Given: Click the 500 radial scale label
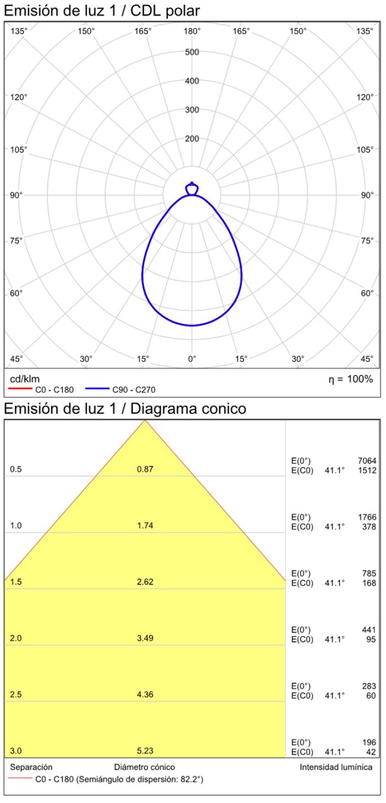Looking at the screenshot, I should coord(192,53).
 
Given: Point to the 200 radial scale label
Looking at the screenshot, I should coord(192,139).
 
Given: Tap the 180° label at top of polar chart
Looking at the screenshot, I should coord(192,31).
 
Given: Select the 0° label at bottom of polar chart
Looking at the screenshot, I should coord(192,359).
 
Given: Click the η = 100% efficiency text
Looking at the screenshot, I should coord(350,379).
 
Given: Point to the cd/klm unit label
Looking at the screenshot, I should coord(25,378).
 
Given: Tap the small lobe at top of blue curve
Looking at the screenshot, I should coord(192,188).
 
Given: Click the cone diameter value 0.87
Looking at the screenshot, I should coord(145,469).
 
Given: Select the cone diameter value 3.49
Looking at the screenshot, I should coord(145,638).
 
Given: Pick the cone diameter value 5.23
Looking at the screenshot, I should coord(145,750).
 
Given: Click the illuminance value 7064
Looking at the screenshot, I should coord(367,461).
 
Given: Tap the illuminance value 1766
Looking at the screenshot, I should coord(367,517).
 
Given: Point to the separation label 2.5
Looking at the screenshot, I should coord(16,694).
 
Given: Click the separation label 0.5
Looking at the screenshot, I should coord(16,469).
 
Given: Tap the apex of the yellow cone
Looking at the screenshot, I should coord(145,421).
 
